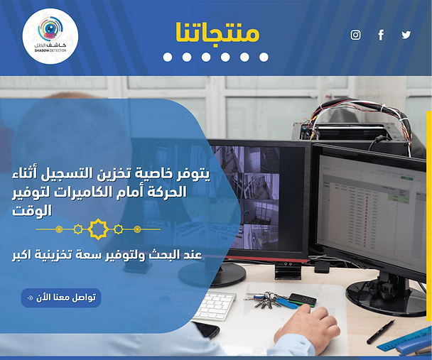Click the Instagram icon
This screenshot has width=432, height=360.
coord(355,35)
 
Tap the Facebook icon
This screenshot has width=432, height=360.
coord(381,35)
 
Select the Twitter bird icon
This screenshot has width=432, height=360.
coord(406,35)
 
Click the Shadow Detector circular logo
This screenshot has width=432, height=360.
coord(50,36)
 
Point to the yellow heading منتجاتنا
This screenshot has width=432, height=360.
coord(217,32)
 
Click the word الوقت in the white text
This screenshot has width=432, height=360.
coord(32,211)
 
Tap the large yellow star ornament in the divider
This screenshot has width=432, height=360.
coord(98,229)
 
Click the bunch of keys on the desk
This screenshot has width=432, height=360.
coord(264,300)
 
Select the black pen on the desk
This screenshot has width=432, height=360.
coord(381,332)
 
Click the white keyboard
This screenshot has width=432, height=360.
coord(214,306)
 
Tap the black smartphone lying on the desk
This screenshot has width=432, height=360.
coord(207,329)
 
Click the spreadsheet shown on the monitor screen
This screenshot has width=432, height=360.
coord(372,212)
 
